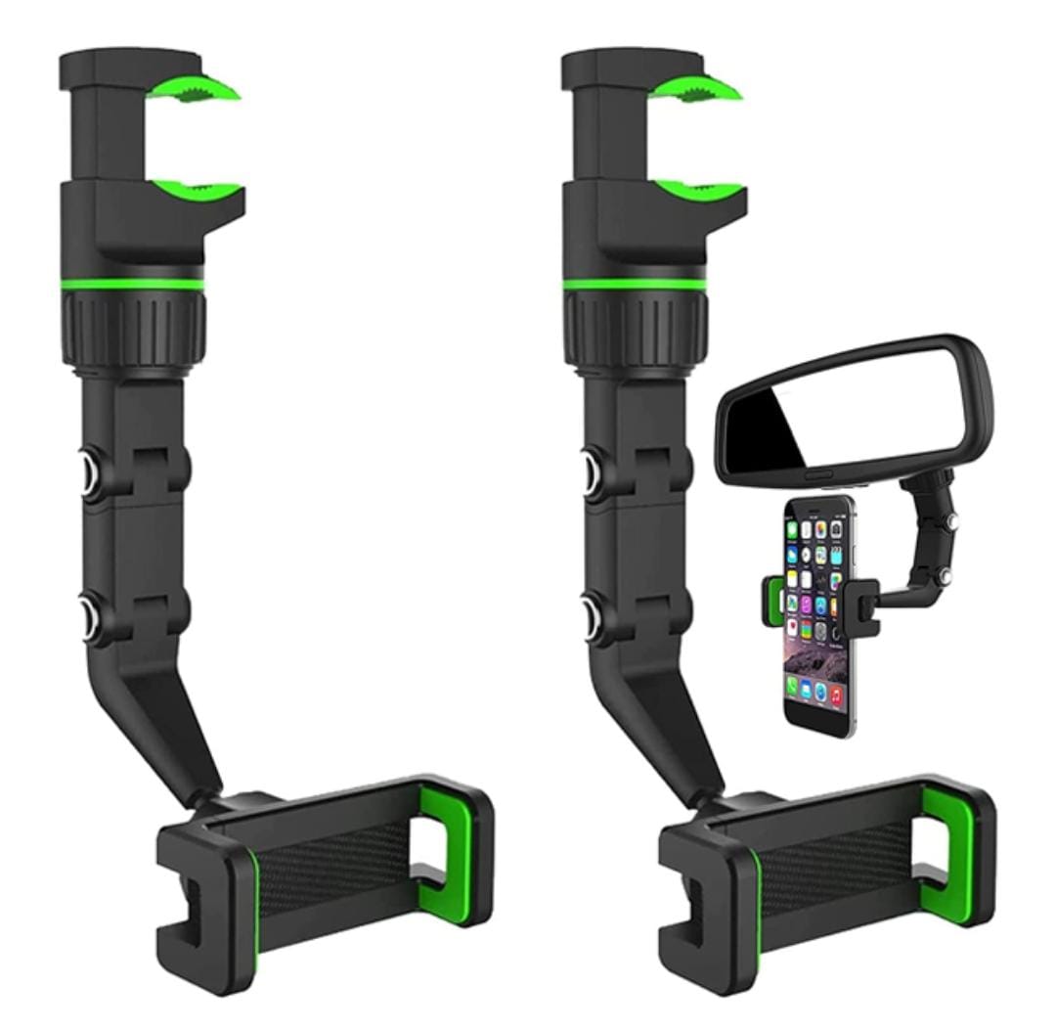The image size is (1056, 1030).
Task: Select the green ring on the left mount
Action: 132,285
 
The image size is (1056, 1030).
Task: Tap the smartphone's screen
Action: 817,616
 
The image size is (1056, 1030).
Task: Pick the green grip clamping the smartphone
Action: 772,599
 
